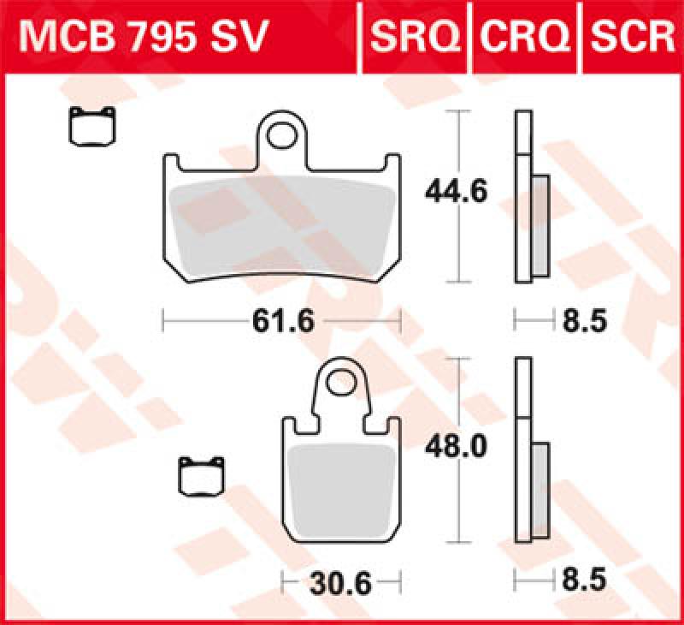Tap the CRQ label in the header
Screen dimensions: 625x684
(524, 36)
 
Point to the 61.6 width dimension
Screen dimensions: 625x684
(283, 322)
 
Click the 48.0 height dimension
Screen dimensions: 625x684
(456, 448)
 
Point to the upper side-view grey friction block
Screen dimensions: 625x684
(540, 224)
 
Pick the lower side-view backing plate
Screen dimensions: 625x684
(522, 454)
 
